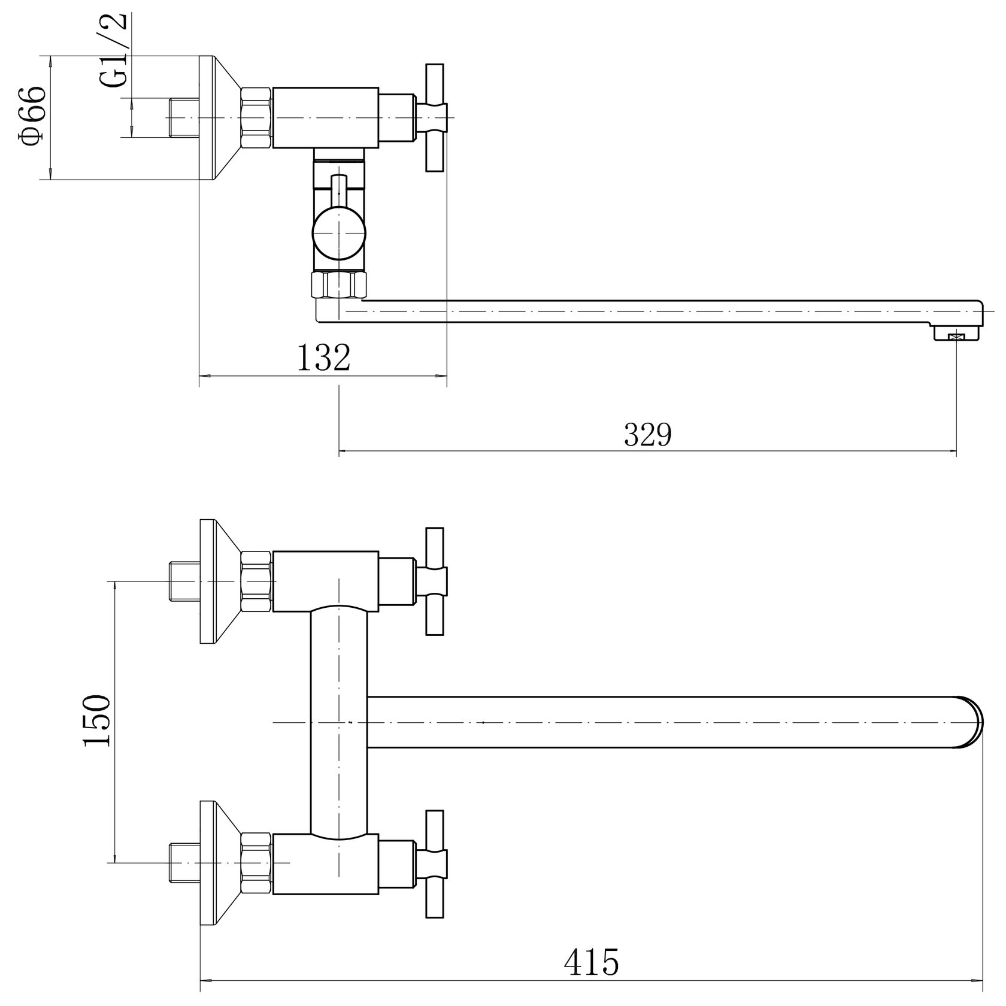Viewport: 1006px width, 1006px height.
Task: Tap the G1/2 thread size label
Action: [114, 51]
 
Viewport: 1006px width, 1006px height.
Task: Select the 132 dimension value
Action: [323, 358]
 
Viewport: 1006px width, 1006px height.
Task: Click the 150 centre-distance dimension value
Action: [97, 720]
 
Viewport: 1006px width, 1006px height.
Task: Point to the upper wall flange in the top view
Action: [219, 581]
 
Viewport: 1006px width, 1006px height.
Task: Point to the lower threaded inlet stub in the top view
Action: [184, 863]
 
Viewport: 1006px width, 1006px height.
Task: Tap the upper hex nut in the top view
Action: [257, 581]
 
